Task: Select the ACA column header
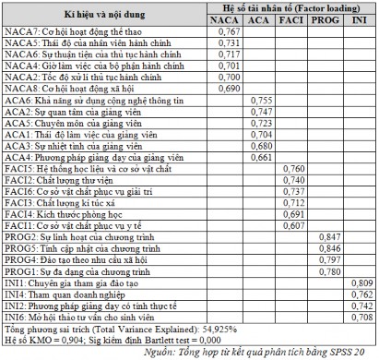(x=262, y=18)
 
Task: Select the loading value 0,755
(x=262, y=99)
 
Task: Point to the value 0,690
(x=228, y=88)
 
